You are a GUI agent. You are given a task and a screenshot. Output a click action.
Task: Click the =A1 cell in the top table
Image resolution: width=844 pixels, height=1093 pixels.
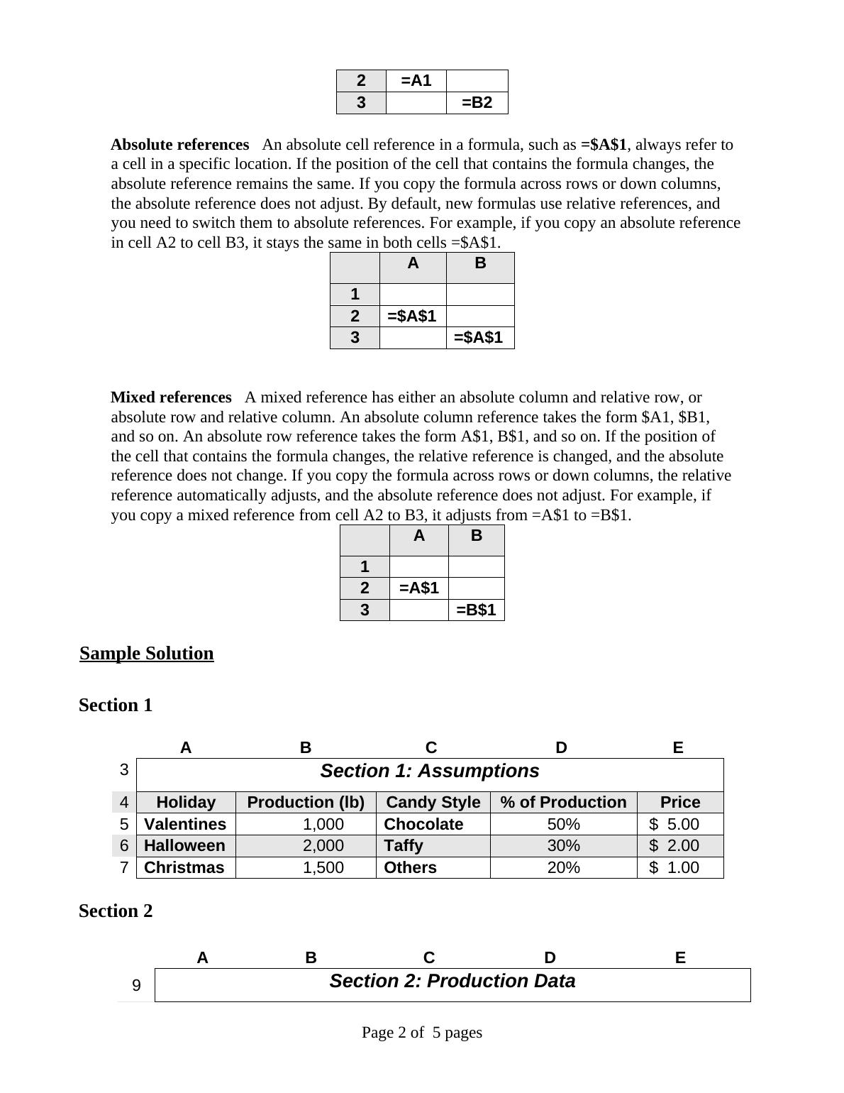click(416, 81)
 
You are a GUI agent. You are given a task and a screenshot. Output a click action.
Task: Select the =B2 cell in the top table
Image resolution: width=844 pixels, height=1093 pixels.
click(477, 103)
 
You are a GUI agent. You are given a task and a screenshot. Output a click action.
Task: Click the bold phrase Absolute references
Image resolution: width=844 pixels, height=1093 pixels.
click(180, 145)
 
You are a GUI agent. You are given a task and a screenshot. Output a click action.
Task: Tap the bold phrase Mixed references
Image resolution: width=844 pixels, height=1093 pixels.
click(171, 397)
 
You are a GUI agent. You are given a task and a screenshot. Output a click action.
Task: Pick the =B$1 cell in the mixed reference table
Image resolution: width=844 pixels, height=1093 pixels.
click(476, 610)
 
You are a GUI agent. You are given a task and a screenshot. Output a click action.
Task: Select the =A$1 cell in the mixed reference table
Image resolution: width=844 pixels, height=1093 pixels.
click(419, 588)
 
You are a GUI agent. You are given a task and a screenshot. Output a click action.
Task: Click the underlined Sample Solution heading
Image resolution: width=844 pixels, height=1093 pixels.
click(147, 654)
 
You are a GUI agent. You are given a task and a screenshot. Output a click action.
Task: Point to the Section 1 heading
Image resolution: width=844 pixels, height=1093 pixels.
click(116, 705)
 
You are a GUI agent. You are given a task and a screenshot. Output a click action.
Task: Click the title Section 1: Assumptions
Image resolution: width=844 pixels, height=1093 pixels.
click(430, 771)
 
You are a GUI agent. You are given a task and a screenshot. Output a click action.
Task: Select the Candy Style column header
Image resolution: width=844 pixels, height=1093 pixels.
click(433, 803)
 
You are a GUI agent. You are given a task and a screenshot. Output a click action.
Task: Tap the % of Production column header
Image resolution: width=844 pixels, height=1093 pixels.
click(564, 803)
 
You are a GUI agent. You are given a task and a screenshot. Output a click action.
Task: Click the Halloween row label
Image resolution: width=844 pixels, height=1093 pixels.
click(184, 846)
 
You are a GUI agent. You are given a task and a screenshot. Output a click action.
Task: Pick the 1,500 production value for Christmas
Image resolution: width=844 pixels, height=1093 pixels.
click(323, 868)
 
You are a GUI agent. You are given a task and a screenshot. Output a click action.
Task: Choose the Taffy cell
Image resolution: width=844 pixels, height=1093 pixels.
click(404, 846)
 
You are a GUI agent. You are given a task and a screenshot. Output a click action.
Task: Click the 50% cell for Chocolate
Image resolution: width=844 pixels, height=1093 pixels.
click(564, 825)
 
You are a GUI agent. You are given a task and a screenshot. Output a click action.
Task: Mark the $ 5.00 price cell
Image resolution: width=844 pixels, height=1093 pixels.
click(674, 825)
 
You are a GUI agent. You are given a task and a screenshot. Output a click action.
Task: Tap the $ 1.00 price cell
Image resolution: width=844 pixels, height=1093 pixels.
click(674, 868)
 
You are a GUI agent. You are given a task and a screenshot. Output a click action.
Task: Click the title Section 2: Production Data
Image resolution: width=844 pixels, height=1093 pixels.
click(452, 982)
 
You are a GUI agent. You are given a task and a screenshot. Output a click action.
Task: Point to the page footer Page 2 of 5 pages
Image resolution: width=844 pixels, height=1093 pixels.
click(422, 1033)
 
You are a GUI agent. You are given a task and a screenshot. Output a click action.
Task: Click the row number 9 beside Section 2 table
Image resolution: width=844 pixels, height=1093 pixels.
click(136, 986)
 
